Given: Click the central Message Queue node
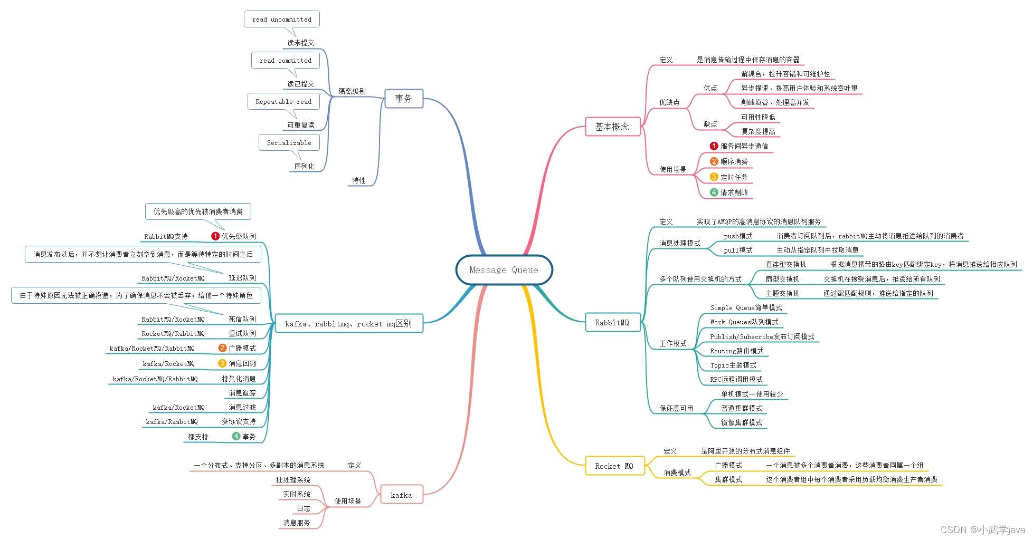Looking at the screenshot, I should point(504,270).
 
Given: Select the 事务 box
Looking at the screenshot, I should point(404,99).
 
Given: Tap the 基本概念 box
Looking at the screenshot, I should point(612,127).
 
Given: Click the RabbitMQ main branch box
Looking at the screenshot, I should point(612,322).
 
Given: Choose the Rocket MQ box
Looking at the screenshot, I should point(614,466).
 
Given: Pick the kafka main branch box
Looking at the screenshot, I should point(402,495).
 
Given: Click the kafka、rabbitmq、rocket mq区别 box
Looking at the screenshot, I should point(348,323).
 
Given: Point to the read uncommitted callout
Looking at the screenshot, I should point(282,19).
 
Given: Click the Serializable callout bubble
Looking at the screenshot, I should point(289,142).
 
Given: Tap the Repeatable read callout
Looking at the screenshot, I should point(283,101).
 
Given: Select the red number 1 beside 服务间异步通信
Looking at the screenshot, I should point(714,146).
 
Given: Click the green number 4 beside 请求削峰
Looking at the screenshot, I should point(714,192).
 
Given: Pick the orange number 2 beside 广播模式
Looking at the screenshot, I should point(222,348).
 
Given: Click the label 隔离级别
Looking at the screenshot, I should point(352,91).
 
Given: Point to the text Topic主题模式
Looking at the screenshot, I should point(733,365).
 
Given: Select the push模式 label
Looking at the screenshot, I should point(738,236).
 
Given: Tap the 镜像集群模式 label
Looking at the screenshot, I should point(742,422).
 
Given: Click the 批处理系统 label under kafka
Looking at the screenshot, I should point(293,480).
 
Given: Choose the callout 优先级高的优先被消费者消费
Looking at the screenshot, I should point(198,211).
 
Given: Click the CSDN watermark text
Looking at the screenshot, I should point(982,529).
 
